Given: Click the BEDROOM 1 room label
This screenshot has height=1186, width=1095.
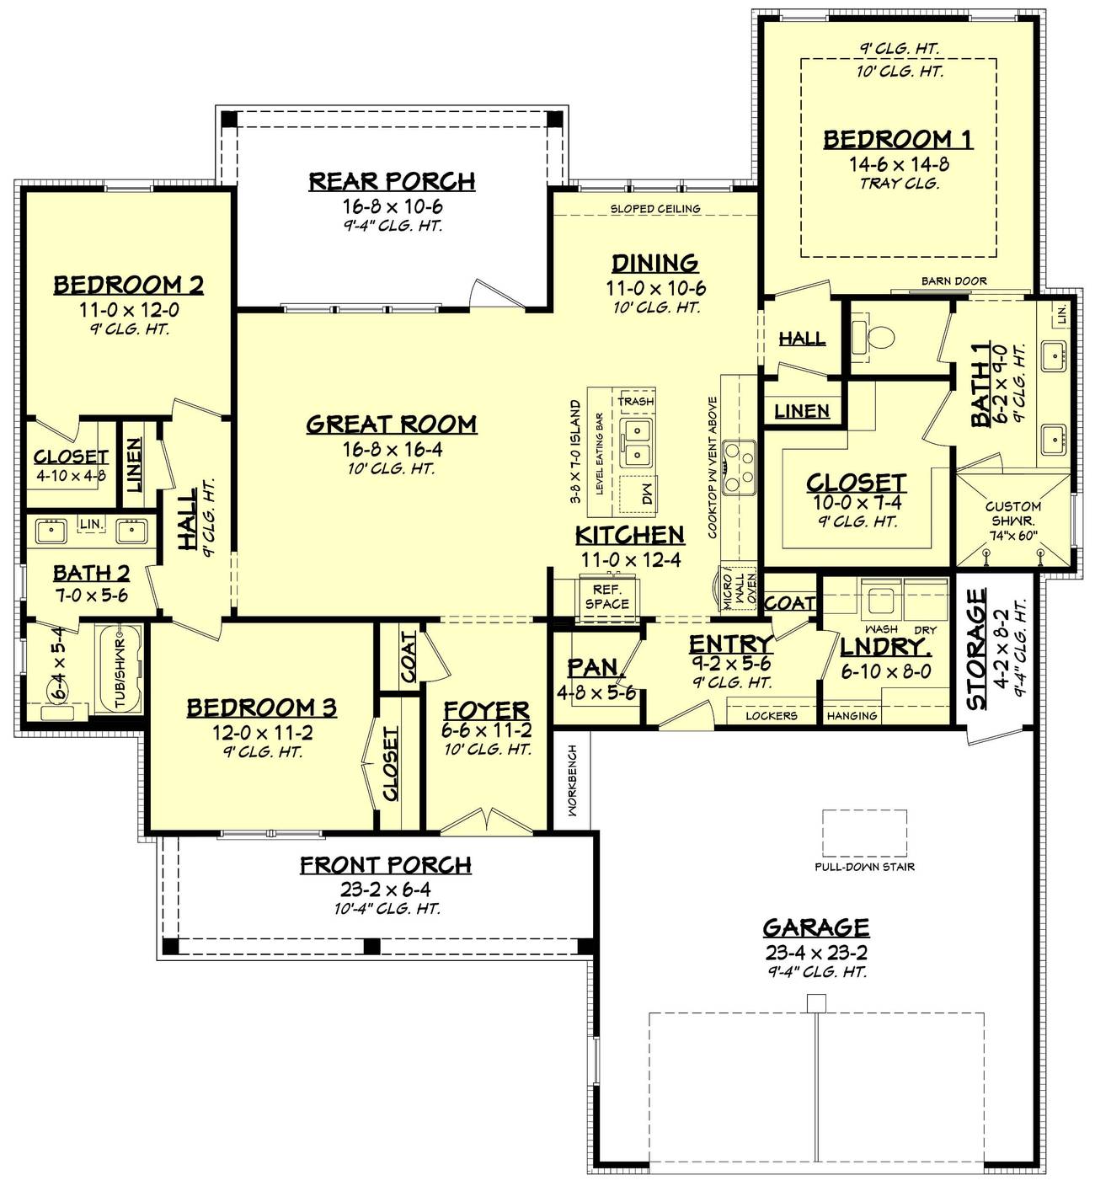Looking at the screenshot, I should pos(898,139).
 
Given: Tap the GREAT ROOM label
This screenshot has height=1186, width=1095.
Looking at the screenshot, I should pos(392,424).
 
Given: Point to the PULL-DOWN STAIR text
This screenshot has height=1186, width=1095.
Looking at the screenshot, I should pos(864,867).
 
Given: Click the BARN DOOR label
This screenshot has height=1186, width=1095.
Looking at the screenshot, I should pos(953,281).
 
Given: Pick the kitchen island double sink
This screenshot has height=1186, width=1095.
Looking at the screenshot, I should pos(637,444).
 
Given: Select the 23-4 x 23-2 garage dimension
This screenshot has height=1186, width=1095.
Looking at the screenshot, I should pos(816,953).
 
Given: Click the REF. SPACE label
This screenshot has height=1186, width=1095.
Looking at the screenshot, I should pos(606,597).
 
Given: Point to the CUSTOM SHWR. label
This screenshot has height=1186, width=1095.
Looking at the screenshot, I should pos(1013,513).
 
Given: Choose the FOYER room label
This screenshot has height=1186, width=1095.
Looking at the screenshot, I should pos(487,710).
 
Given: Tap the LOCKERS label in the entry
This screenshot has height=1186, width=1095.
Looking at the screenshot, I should pos(771,715).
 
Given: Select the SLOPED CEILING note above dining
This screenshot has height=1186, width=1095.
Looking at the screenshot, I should pos(654,208).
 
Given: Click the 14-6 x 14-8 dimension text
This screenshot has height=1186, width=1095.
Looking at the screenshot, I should pos(899,164).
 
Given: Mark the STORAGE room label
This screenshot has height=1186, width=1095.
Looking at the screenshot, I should pos(976,649).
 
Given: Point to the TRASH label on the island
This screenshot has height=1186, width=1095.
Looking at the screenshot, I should pos(636,401).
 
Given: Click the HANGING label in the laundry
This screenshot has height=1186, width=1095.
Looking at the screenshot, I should pos(852,715).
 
